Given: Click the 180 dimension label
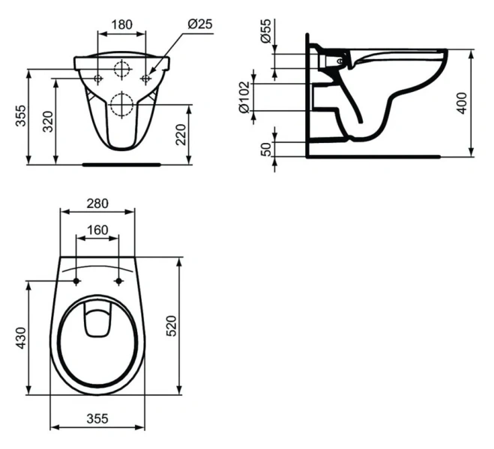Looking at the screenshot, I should [122, 24].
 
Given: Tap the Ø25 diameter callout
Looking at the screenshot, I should [199, 24].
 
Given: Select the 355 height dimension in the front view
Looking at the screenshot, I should [19, 117].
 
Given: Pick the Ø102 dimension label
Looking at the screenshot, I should [244, 97].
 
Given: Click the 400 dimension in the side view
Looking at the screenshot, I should [463, 102].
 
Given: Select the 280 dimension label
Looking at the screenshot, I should [97, 203].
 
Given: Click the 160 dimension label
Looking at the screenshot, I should [97, 230].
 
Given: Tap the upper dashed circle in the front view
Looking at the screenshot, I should [121, 70].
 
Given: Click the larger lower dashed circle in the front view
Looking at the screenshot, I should [121, 103].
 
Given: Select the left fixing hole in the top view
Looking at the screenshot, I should [77, 281].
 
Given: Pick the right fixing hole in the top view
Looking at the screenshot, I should [118, 281].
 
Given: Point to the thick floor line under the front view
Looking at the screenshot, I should [121, 162].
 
